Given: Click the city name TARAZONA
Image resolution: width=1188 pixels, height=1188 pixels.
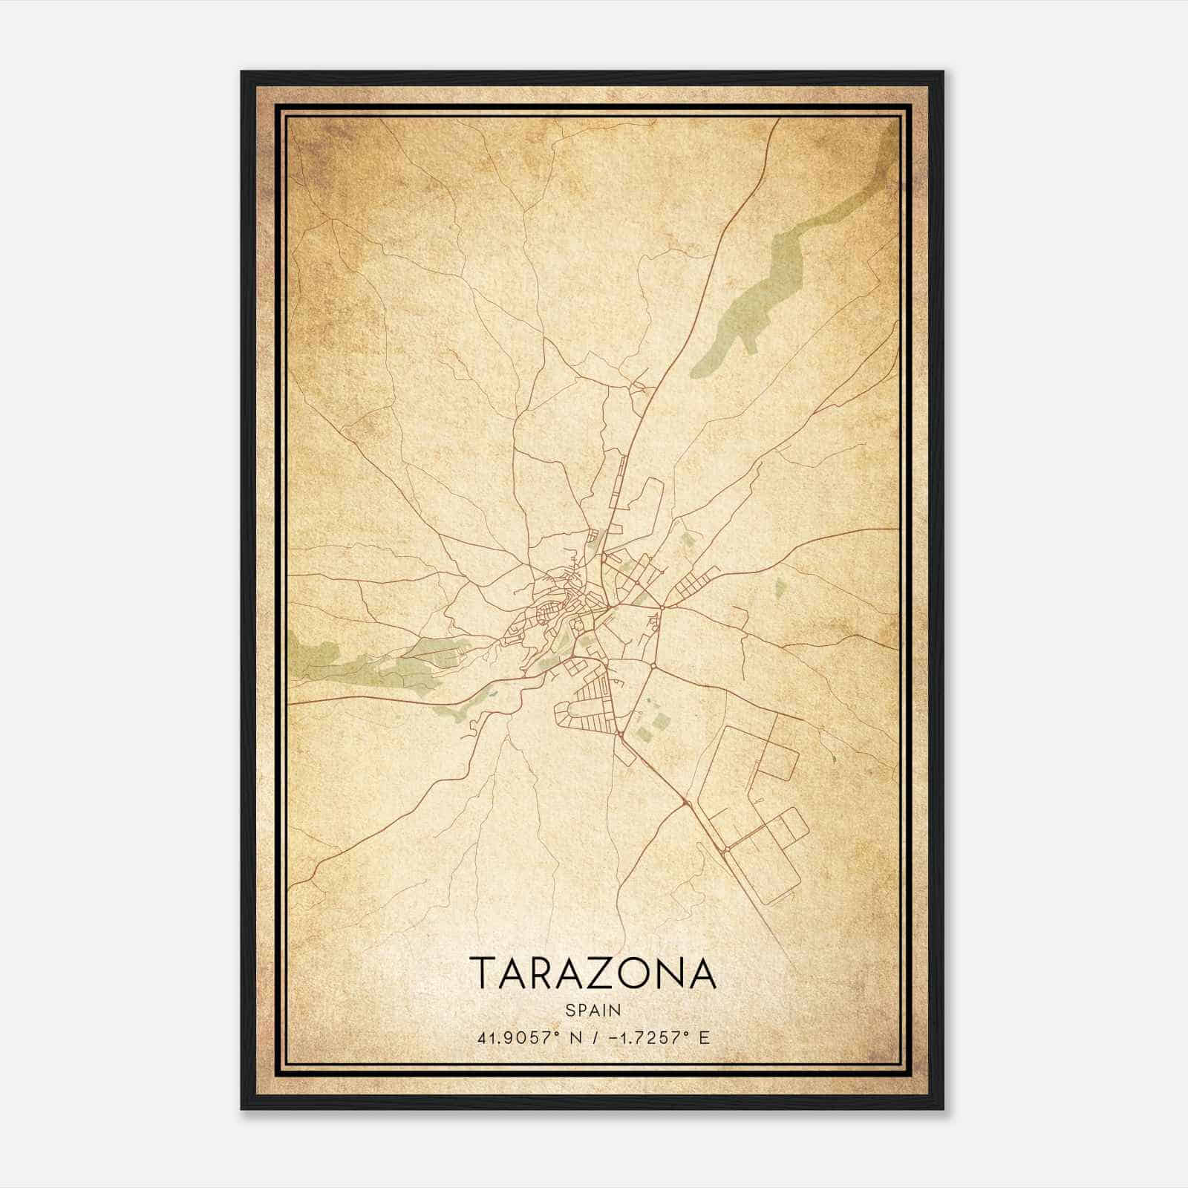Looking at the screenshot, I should (593, 973).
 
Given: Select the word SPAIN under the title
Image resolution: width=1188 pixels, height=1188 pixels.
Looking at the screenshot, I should (593, 1010).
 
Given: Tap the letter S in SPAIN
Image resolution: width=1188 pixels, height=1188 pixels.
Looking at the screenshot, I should (569, 1010).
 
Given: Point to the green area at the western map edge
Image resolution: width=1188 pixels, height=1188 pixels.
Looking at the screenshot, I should (312, 653).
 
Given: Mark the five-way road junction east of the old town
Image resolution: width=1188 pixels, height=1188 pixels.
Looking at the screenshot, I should (663, 607).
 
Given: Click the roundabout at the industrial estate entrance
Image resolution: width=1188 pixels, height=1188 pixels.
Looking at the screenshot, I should (684, 803).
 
